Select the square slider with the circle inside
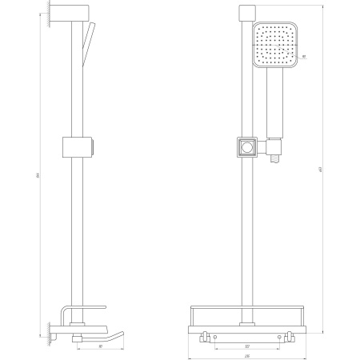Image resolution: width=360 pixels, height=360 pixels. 247,147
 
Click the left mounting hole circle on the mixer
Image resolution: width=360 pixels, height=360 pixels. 215,339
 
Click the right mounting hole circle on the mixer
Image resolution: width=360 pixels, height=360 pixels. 278,339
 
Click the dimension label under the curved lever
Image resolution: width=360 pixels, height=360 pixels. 99,347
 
